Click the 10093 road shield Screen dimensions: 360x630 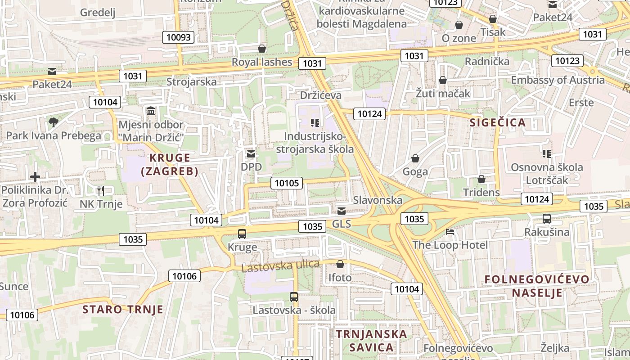(x=179, y=37)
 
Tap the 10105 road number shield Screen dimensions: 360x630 (x=287, y=183)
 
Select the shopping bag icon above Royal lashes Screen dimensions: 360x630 (x=262, y=49)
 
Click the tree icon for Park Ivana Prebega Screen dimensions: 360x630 (x=54, y=122)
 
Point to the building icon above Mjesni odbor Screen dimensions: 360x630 (x=151, y=111)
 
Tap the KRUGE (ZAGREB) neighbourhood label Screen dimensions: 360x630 (x=169, y=164)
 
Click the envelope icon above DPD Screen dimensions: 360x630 (x=251, y=154)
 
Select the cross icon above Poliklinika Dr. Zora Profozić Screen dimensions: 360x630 (x=35, y=177)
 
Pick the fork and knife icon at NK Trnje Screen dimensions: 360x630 (x=101, y=191)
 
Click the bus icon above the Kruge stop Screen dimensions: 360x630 (x=242, y=234)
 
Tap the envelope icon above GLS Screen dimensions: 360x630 (x=342, y=211)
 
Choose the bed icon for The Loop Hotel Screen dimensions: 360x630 (x=450, y=232)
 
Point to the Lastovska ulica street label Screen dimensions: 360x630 (x=280, y=265)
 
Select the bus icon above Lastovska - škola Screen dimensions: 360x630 (x=294, y=297)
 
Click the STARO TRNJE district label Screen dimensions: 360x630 (x=123, y=309)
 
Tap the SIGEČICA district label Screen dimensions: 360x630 (x=498, y=122)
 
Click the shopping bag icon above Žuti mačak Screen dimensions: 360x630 (x=443, y=81)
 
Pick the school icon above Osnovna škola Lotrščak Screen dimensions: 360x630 (x=547, y=154)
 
